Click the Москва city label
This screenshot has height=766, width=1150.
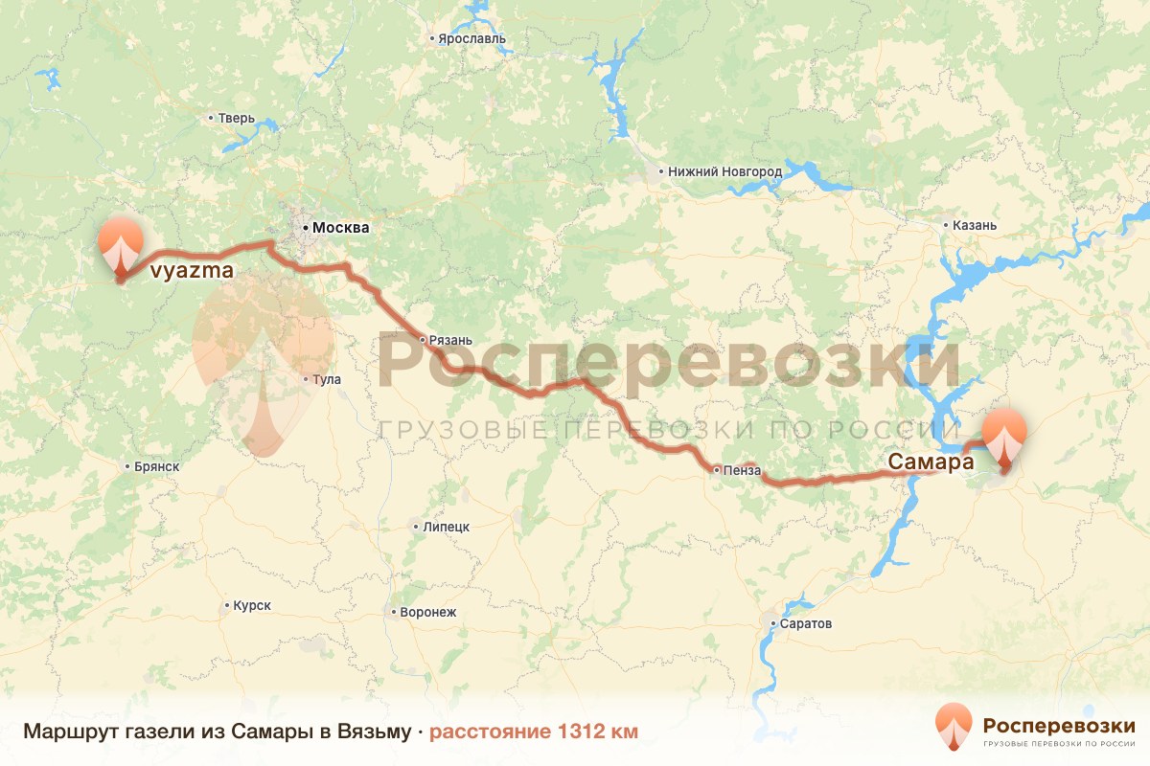[334, 229]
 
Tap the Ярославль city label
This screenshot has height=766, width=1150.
[471, 40]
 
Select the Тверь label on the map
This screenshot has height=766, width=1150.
[237, 119]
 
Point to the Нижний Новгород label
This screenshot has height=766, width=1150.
[724, 172]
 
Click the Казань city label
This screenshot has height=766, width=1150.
[975, 226]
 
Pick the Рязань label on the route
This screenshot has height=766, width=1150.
[451, 340]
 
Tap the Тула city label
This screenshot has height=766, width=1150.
[327, 380]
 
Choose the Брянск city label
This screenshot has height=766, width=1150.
[158, 467]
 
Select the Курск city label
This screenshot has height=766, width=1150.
[252, 606]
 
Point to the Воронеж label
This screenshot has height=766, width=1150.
[428, 612]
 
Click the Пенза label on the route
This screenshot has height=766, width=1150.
[743, 470]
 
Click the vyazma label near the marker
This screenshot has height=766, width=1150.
[192, 273]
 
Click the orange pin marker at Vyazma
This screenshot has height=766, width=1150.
[121, 244]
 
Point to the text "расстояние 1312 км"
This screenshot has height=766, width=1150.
[533, 732]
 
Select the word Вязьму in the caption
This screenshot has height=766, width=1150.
[376, 732]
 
